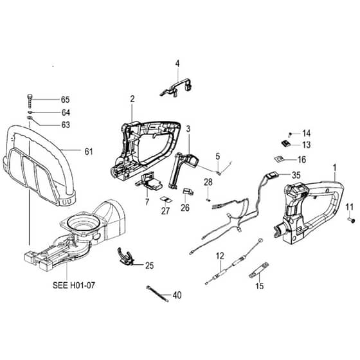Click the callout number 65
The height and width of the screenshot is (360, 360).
click(x=65, y=100)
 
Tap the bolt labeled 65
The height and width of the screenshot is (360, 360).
click(x=30, y=101)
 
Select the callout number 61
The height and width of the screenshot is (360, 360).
click(x=89, y=152)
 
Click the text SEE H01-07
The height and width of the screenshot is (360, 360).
click(x=74, y=285)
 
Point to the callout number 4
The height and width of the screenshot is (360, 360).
click(x=177, y=64)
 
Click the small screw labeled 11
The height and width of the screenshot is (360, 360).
click(x=352, y=221)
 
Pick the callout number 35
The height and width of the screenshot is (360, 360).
click(x=296, y=175)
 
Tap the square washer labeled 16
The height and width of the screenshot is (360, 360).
click(x=278, y=159)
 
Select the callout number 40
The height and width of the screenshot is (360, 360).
click(x=177, y=295)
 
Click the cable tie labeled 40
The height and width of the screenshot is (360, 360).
click(x=157, y=293)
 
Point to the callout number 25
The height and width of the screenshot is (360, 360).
click(x=149, y=265)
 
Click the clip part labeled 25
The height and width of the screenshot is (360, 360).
click(x=125, y=256)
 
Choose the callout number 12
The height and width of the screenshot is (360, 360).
click(x=220, y=256)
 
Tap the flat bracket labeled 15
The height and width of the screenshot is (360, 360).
click(x=258, y=270)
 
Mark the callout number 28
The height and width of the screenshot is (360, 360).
click(x=208, y=182)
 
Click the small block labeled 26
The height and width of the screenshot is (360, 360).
click(x=188, y=192)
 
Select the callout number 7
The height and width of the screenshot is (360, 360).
click(x=147, y=202)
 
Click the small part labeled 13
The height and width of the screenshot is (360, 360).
click(x=286, y=143)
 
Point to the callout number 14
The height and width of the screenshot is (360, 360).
click(x=307, y=133)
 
